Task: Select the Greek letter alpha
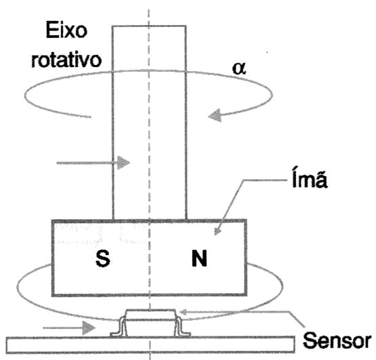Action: [x=239, y=69]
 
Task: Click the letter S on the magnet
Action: [x=103, y=259]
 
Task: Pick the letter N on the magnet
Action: [x=199, y=258]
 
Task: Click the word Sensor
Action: [x=337, y=340]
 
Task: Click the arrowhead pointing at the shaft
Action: [x=123, y=162]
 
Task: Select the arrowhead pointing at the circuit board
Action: [x=89, y=328]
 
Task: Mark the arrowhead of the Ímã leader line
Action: [x=217, y=231]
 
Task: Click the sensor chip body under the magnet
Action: [x=150, y=315]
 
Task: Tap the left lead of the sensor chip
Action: [x=119, y=328]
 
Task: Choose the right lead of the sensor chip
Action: [x=182, y=328]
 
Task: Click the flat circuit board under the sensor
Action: [x=150, y=344]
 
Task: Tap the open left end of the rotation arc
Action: [x=90, y=117]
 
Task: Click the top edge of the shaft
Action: [x=149, y=26]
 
